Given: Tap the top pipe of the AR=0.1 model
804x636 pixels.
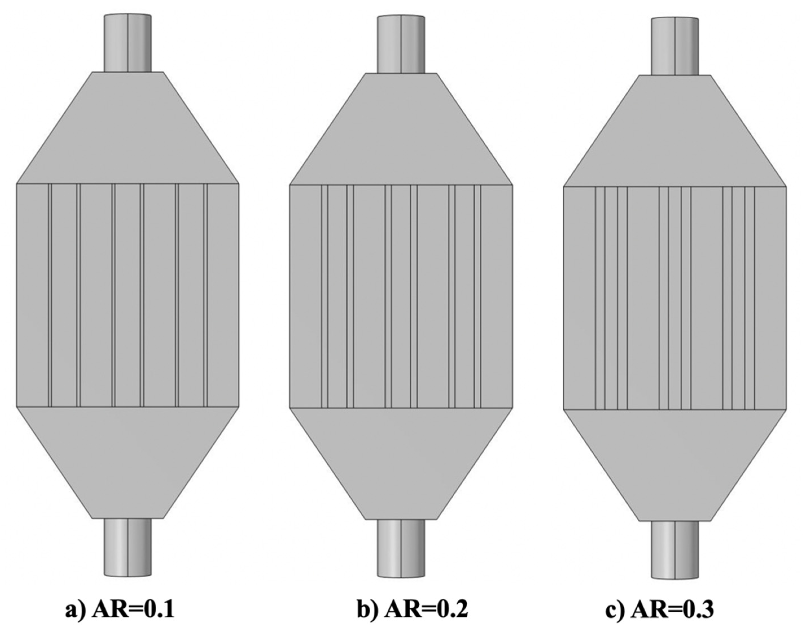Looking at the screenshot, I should click(128, 43).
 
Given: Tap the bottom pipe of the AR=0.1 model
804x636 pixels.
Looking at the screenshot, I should click(128, 547).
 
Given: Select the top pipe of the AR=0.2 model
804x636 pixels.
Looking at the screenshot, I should click(401, 44).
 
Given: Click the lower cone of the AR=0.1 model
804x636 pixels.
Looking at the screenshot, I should click(128, 462).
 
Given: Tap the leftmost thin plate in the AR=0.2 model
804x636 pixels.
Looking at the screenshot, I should click(325, 296).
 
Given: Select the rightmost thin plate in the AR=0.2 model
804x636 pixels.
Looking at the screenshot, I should click(477, 296).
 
